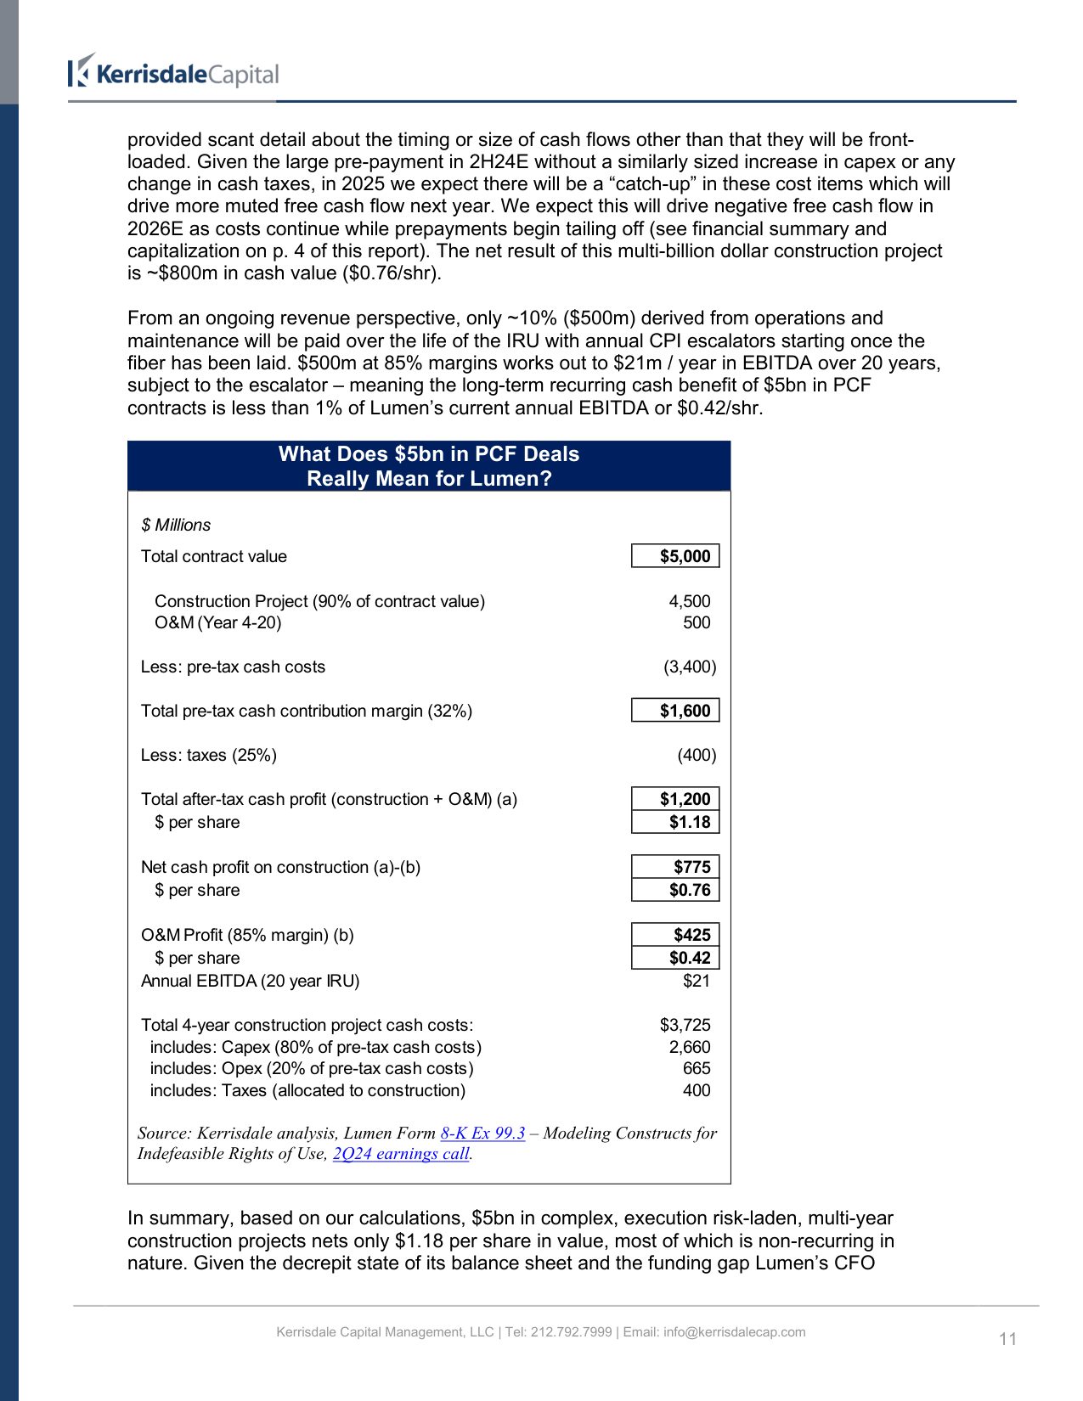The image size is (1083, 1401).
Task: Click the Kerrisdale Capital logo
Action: [174, 73]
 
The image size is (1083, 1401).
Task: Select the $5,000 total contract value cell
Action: [675, 556]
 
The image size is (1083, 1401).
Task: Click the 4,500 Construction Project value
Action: [689, 601]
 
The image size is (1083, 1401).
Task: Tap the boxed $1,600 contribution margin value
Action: [675, 711]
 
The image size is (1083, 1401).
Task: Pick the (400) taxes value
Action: [697, 755]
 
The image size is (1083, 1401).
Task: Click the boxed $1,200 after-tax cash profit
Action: [675, 799]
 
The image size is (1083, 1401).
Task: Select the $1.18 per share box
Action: [675, 822]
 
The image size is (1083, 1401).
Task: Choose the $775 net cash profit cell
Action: [675, 867]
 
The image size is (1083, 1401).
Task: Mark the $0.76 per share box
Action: [675, 890]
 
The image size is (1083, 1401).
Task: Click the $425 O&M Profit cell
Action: [675, 935]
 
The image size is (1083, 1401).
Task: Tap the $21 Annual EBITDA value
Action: [697, 981]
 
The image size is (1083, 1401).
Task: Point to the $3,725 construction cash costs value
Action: [685, 1025]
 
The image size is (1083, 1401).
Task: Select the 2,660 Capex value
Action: [689, 1047]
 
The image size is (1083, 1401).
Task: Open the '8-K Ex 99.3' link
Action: [482, 1133]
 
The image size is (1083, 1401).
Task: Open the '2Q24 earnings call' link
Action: [401, 1153]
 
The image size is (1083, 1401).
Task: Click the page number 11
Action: [1007, 1339]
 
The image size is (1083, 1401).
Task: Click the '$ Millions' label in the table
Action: [176, 525]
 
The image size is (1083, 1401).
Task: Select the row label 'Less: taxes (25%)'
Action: [209, 755]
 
